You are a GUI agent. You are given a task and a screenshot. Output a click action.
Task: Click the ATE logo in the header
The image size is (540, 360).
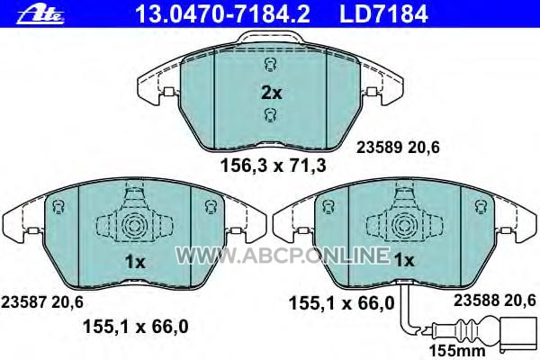coord(40,15)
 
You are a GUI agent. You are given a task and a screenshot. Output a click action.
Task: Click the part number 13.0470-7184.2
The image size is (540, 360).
coord(222,14)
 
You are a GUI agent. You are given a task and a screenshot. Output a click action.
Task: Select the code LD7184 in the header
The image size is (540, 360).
coord(383,14)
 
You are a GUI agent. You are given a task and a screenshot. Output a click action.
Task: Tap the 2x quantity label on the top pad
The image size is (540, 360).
coord(272,93)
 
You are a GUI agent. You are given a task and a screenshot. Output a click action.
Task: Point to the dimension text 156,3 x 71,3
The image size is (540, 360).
coord(273,166)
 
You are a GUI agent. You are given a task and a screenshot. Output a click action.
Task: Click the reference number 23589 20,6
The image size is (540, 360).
coord(398,148)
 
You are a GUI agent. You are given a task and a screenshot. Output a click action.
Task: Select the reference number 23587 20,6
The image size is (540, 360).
coord(42,302)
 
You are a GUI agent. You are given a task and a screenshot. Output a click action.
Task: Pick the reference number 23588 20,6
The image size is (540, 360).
coord(494,301)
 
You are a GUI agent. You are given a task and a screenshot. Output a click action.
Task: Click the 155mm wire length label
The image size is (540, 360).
coord(457,351)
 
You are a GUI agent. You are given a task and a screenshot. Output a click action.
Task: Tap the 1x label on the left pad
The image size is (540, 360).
coord(135,263)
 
